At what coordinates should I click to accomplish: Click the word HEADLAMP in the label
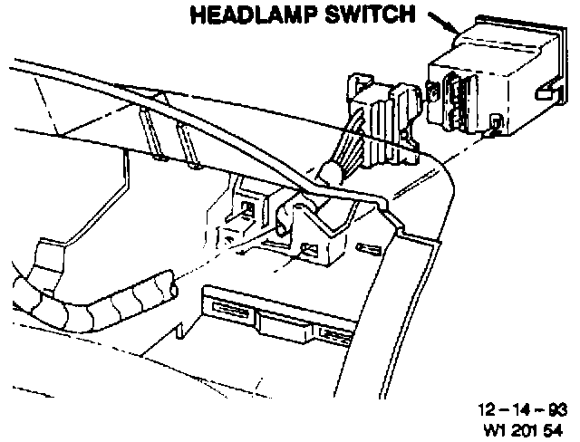pos(245,15)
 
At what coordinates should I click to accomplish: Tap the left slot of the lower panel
pos(230,308)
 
